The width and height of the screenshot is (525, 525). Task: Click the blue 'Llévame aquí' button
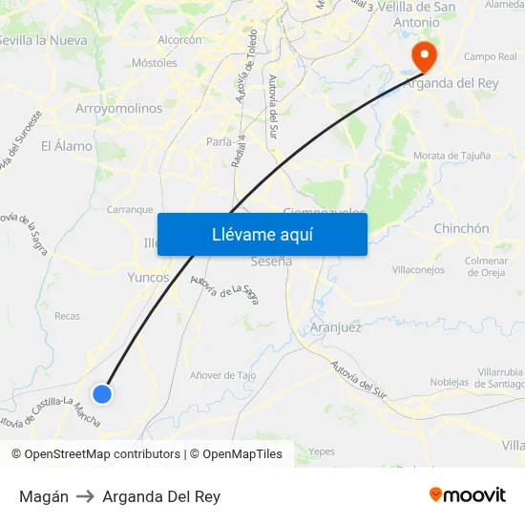[262, 235]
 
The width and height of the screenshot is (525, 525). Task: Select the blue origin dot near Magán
[102, 393]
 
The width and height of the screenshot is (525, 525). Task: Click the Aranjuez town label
[336, 327]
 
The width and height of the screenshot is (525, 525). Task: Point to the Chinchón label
[461, 229]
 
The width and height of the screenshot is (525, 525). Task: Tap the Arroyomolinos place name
[118, 109]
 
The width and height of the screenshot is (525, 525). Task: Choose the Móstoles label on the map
[154, 63]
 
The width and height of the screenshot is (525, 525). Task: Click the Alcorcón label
[179, 40]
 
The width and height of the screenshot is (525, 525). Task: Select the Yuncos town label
[148, 278]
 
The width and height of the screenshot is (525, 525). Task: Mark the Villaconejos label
[418, 270]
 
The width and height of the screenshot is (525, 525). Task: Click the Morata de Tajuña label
[451, 156]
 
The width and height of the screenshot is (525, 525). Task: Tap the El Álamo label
[67, 146]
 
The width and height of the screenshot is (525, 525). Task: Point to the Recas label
[68, 316]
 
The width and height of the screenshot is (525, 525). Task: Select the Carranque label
[130, 209]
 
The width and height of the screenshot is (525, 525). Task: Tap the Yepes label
[322, 451]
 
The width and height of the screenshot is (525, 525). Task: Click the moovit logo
[468, 495]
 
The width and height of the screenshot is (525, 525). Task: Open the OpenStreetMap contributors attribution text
[95, 454]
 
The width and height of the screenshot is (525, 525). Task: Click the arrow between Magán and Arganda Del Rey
[86, 496]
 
